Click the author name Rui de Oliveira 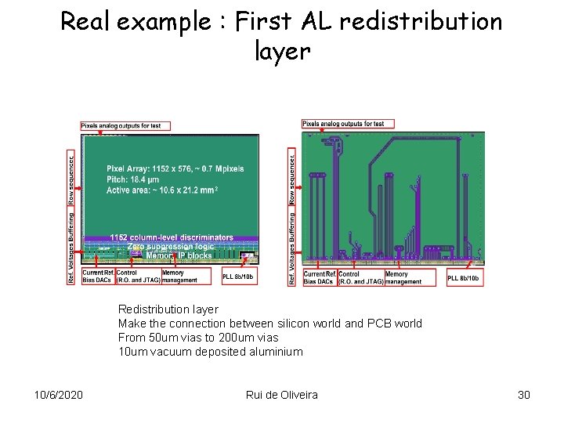click(281, 394)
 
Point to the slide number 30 click(524, 394)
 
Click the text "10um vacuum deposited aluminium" click(210, 352)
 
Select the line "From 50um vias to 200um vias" click(198, 338)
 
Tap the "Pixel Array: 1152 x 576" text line click(175, 168)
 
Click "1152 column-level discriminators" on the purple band click(172, 237)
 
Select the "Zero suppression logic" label click(171, 246)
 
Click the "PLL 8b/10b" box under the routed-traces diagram click(464, 277)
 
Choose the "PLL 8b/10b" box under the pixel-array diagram click(239, 277)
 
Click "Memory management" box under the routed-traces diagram click(403, 277)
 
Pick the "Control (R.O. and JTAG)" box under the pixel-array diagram click(138, 277)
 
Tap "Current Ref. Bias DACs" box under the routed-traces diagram click(319, 277)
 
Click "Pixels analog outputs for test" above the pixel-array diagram click(125, 125)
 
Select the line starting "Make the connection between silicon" click(269, 324)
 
